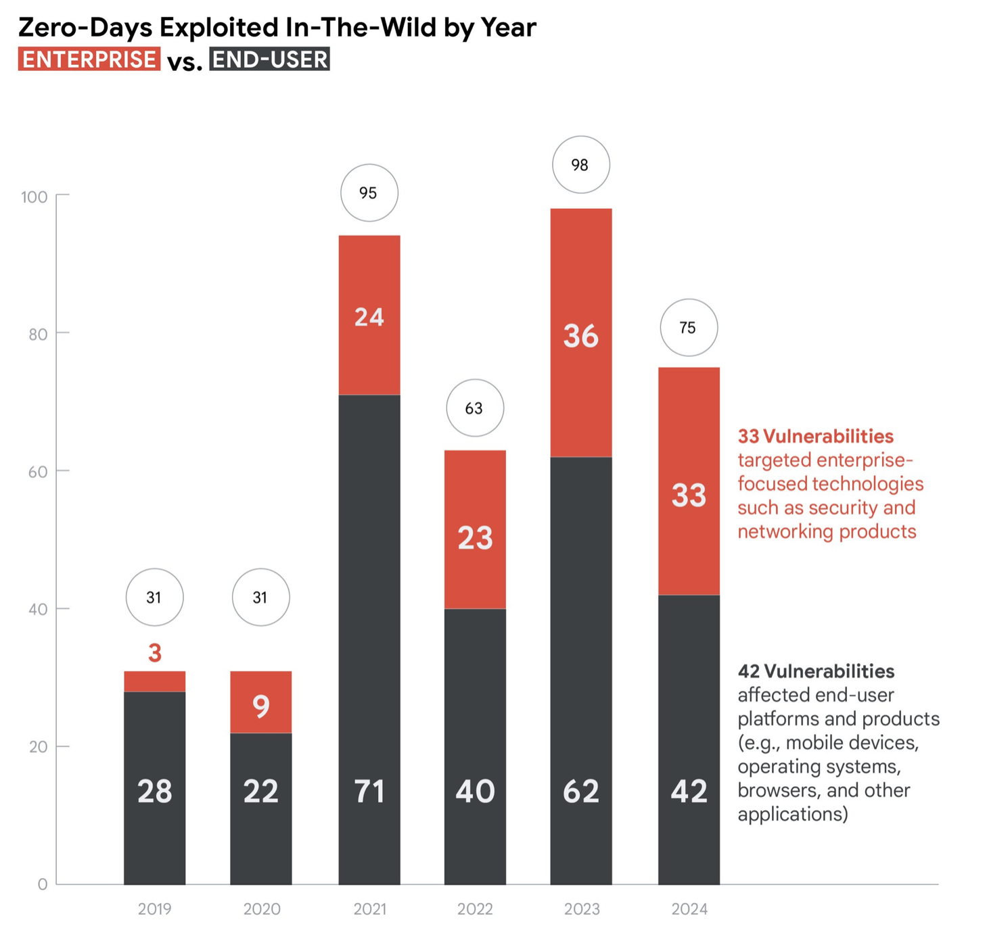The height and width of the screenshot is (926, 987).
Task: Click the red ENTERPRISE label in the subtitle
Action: [89, 59]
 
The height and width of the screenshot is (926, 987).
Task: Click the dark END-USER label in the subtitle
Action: [269, 59]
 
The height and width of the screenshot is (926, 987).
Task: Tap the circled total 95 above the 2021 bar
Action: [369, 193]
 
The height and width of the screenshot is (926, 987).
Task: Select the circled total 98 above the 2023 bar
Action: [580, 165]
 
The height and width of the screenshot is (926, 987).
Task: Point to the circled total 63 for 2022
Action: [474, 408]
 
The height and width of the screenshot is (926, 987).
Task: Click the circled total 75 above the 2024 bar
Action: [688, 328]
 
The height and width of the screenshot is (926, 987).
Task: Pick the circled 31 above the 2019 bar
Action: [154, 598]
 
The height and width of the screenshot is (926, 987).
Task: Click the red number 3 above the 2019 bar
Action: [155, 653]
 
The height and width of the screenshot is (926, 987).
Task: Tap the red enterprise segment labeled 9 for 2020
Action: [260, 703]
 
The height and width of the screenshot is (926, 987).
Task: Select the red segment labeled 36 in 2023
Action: [580, 335]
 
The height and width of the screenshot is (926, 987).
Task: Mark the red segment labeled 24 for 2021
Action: [369, 316]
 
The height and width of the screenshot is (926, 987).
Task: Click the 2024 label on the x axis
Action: [689, 909]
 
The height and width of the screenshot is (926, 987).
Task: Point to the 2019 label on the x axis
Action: [154, 909]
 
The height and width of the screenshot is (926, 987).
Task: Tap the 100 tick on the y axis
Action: [34, 197]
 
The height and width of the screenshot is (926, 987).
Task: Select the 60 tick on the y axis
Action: [37, 472]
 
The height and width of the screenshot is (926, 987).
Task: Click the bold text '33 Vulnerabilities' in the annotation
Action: [815, 436]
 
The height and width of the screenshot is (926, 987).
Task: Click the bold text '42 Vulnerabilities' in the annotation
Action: [816, 671]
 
